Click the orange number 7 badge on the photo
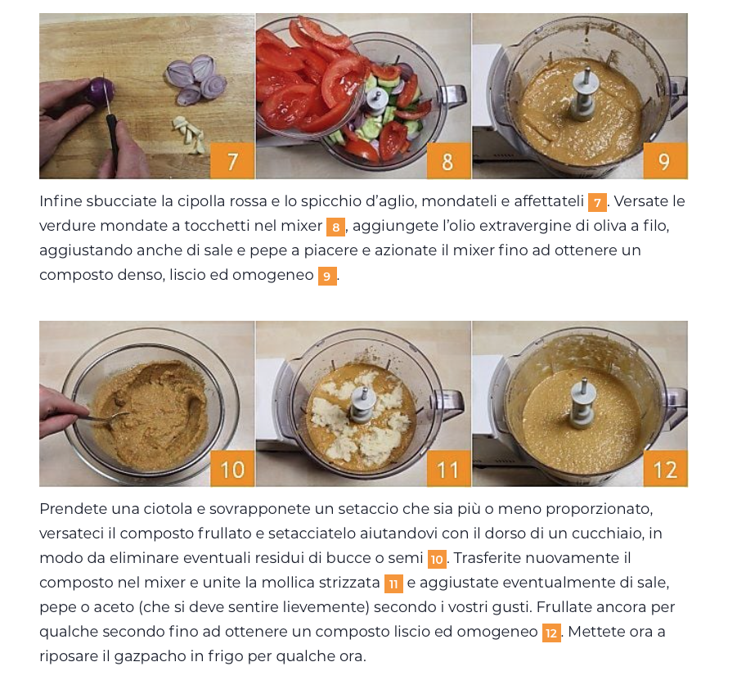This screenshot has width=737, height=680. click(232, 161)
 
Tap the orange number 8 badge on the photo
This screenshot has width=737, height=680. click(448, 161)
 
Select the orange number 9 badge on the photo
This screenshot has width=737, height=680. click(665, 161)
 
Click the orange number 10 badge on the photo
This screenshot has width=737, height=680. click(232, 469)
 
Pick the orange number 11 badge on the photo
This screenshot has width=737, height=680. click(448, 469)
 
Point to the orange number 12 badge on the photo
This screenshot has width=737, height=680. click(665, 469)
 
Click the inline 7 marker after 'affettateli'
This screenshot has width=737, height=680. click(597, 203)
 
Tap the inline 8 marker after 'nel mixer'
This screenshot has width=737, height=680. click(335, 227)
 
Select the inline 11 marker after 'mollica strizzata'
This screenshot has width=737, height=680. click(393, 584)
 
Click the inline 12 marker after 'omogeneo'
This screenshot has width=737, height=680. click(551, 633)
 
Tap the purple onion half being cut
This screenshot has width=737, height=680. click(100, 92)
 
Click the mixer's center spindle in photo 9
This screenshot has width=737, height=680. click(584, 95)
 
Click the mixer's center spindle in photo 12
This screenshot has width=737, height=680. click(583, 403)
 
